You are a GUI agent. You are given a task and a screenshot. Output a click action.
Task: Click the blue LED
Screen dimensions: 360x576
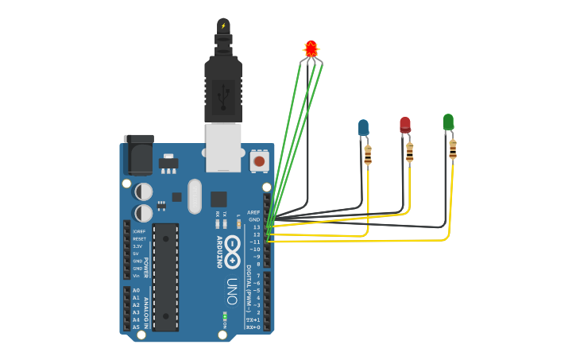click(x=363, y=127)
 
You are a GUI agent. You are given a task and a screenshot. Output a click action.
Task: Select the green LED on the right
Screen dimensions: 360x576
click(x=448, y=122)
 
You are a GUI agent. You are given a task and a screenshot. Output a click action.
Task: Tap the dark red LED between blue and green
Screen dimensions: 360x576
click(x=405, y=124)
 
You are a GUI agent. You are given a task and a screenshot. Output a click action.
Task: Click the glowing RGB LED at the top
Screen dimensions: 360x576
click(x=311, y=48)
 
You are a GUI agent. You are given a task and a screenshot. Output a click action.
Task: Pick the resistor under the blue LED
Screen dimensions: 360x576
click(x=368, y=155)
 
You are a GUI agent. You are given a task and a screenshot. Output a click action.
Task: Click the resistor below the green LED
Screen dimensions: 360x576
click(x=453, y=149)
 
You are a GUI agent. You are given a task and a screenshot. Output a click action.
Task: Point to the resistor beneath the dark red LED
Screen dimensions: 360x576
click(x=410, y=152)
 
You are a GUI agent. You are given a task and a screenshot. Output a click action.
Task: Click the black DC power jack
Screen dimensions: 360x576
click(x=138, y=155)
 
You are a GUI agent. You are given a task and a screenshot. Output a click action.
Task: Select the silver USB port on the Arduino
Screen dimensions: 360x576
click(x=223, y=147)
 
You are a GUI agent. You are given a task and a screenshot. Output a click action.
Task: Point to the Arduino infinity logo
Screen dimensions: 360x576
click(x=232, y=253)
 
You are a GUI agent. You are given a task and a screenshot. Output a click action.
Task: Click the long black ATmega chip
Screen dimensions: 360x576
click(x=165, y=277)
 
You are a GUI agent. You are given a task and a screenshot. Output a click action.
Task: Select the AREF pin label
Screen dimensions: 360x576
click(x=253, y=212)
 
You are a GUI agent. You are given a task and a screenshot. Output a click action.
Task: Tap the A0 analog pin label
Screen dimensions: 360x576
click(x=136, y=290)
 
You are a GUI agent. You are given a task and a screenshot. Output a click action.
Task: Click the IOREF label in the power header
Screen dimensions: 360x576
click(x=139, y=231)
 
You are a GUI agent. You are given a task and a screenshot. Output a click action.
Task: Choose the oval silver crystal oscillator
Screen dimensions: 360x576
click(x=195, y=196)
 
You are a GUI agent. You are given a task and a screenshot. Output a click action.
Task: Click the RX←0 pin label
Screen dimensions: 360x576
click(x=253, y=327)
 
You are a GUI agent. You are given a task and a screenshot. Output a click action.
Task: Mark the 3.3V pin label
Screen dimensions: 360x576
click(x=137, y=246)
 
